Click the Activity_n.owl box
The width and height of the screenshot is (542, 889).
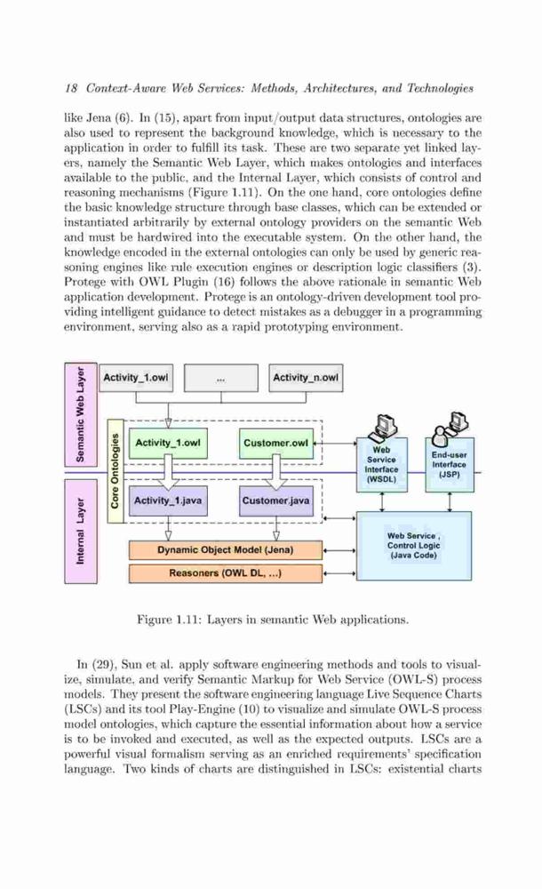pos(306,378)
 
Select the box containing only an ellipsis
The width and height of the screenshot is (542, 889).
pos(220,378)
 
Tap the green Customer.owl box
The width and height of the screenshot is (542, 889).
pos(276,444)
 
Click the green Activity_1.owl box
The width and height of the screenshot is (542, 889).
pos(168,444)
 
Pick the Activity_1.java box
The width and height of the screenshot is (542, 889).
pos(168,501)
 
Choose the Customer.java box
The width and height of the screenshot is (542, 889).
pos(276,501)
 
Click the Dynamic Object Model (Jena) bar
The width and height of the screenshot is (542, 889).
pos(226,550)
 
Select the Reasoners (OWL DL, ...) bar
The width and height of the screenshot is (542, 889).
pos(226,573)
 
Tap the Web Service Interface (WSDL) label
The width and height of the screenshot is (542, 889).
pos(381,464)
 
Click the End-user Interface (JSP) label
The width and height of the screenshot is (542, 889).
pos(449,464)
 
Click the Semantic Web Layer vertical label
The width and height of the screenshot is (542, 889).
pos(81,414)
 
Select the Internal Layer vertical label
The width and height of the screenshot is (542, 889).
pos(81,532)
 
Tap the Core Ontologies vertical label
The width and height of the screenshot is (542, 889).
pos(116,470)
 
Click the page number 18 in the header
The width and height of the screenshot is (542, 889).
pos(70,88)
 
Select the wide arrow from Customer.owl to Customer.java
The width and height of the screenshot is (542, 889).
pos(276,472)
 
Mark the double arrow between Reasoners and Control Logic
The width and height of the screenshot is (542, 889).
pos(339,573)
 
